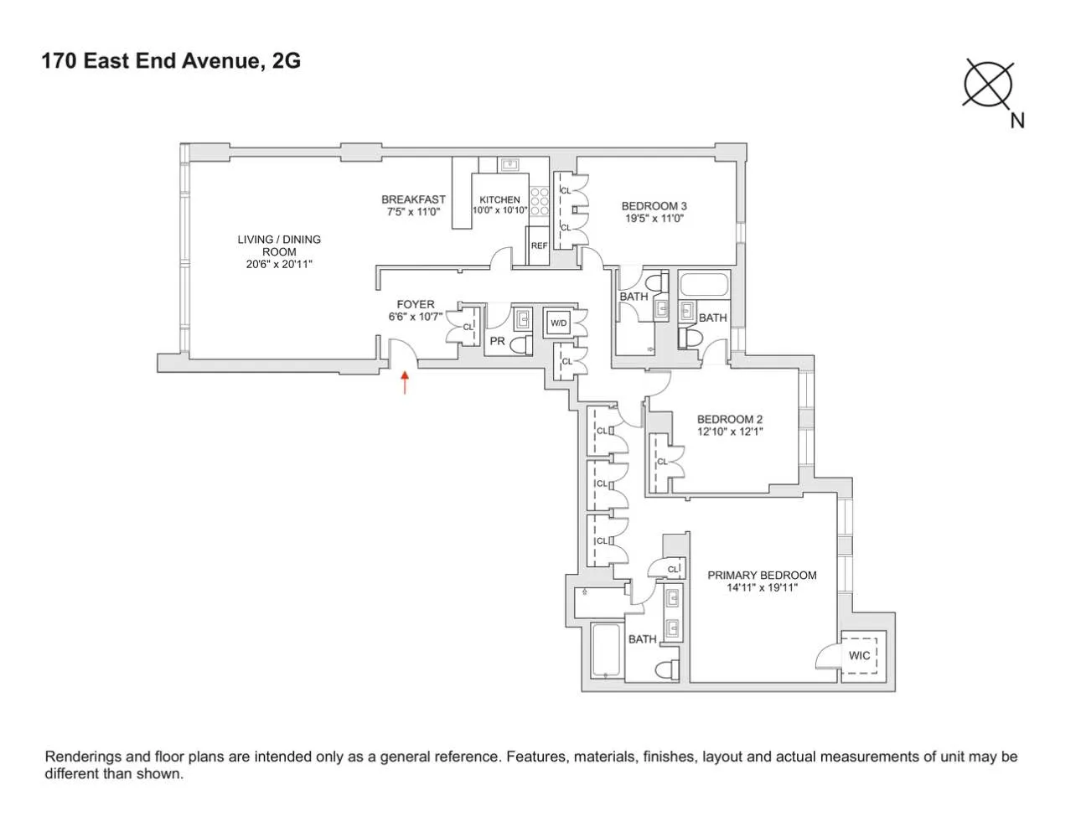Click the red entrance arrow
pyautogui.click(x=405, y=383)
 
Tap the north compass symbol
pyautogui.click(x=989, y=84)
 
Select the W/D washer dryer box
pyautogui.click(x=558, y=323)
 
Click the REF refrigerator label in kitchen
pyautogui.click(x=539, y=245)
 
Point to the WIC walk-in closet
pyautogui.click(x=859, y=655)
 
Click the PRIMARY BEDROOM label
pyautogui.click(x=762, y=576)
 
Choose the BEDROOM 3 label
pyautogui.click(x=654, y=206)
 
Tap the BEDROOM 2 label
pyautogui.click(x=730, y=420)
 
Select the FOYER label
pyautogui.click(x=416, y=304)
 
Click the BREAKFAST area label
pyautogui.click(x=413, y=199)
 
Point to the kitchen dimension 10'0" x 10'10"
pyautogui.click(x=499, y=210)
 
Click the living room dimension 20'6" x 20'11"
pyautogui.click(x=279, y=264)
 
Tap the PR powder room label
pyautogui.click(x=497, y=341)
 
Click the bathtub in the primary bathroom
pyautogui.click(x=605, y=650)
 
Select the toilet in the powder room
pyautogui.click(x=520, y=344)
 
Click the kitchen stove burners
pyautogui.click(x=540, y=201)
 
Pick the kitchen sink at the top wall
pyautogui.click(x=509, y=164)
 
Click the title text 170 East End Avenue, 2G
pyautogui.click(x=171, y=61)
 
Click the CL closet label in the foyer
pyautogui.click(x=468, y=327)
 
